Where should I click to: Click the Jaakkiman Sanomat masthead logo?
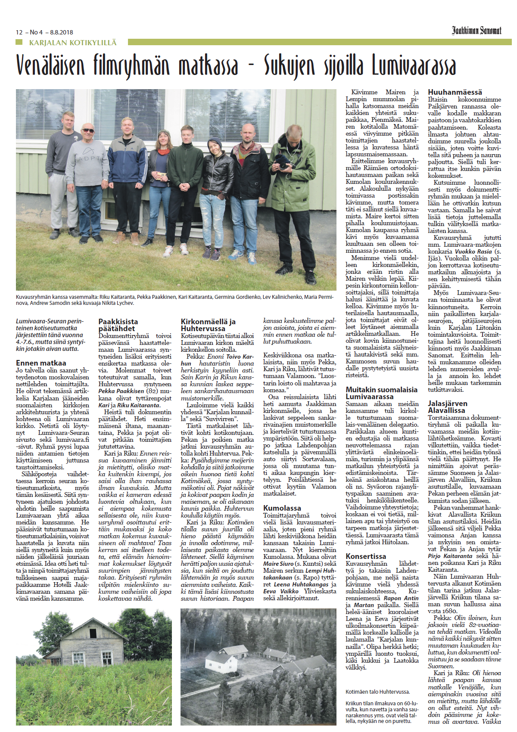tap(477, 31)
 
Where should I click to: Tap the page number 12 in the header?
tap(19, 32)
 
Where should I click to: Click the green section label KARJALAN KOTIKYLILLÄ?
tap(73, 43)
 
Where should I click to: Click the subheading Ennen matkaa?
tap(41, 363)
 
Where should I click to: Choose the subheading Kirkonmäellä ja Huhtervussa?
tap(208, 325)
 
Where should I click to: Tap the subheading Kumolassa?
tap(282, 508)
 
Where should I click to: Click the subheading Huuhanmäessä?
tap(455, 92)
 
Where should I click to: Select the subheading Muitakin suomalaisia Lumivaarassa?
tap(381, 393)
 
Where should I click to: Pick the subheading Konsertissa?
tap(366, 556)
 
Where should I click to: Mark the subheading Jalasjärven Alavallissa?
tap(448, 407)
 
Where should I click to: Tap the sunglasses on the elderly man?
tap(88, 130)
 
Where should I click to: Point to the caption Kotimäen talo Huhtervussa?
tap(377, 692)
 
